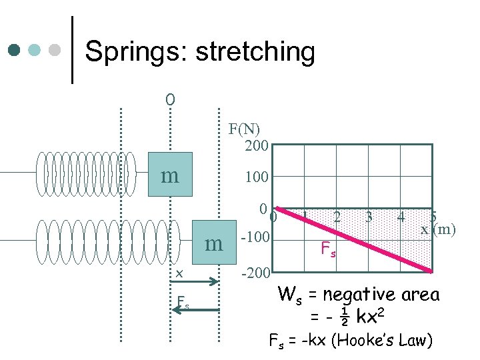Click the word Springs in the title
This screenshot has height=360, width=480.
[136, 51]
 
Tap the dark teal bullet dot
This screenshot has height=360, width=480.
[15, 50]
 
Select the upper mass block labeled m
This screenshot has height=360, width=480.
[170, 175]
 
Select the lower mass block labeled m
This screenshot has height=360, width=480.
[214, 243]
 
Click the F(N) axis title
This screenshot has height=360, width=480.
[244, 129]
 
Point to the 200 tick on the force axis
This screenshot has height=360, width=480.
[256, 145]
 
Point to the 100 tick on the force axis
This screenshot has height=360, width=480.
[256, 177]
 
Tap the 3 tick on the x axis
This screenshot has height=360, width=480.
[369, 217]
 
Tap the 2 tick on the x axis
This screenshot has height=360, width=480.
[337, 217]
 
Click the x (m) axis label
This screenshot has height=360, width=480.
[438, 230]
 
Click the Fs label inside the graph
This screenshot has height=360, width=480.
[329, 250]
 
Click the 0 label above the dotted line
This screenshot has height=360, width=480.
[170, 100]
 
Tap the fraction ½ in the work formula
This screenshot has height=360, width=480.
[344, 318]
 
